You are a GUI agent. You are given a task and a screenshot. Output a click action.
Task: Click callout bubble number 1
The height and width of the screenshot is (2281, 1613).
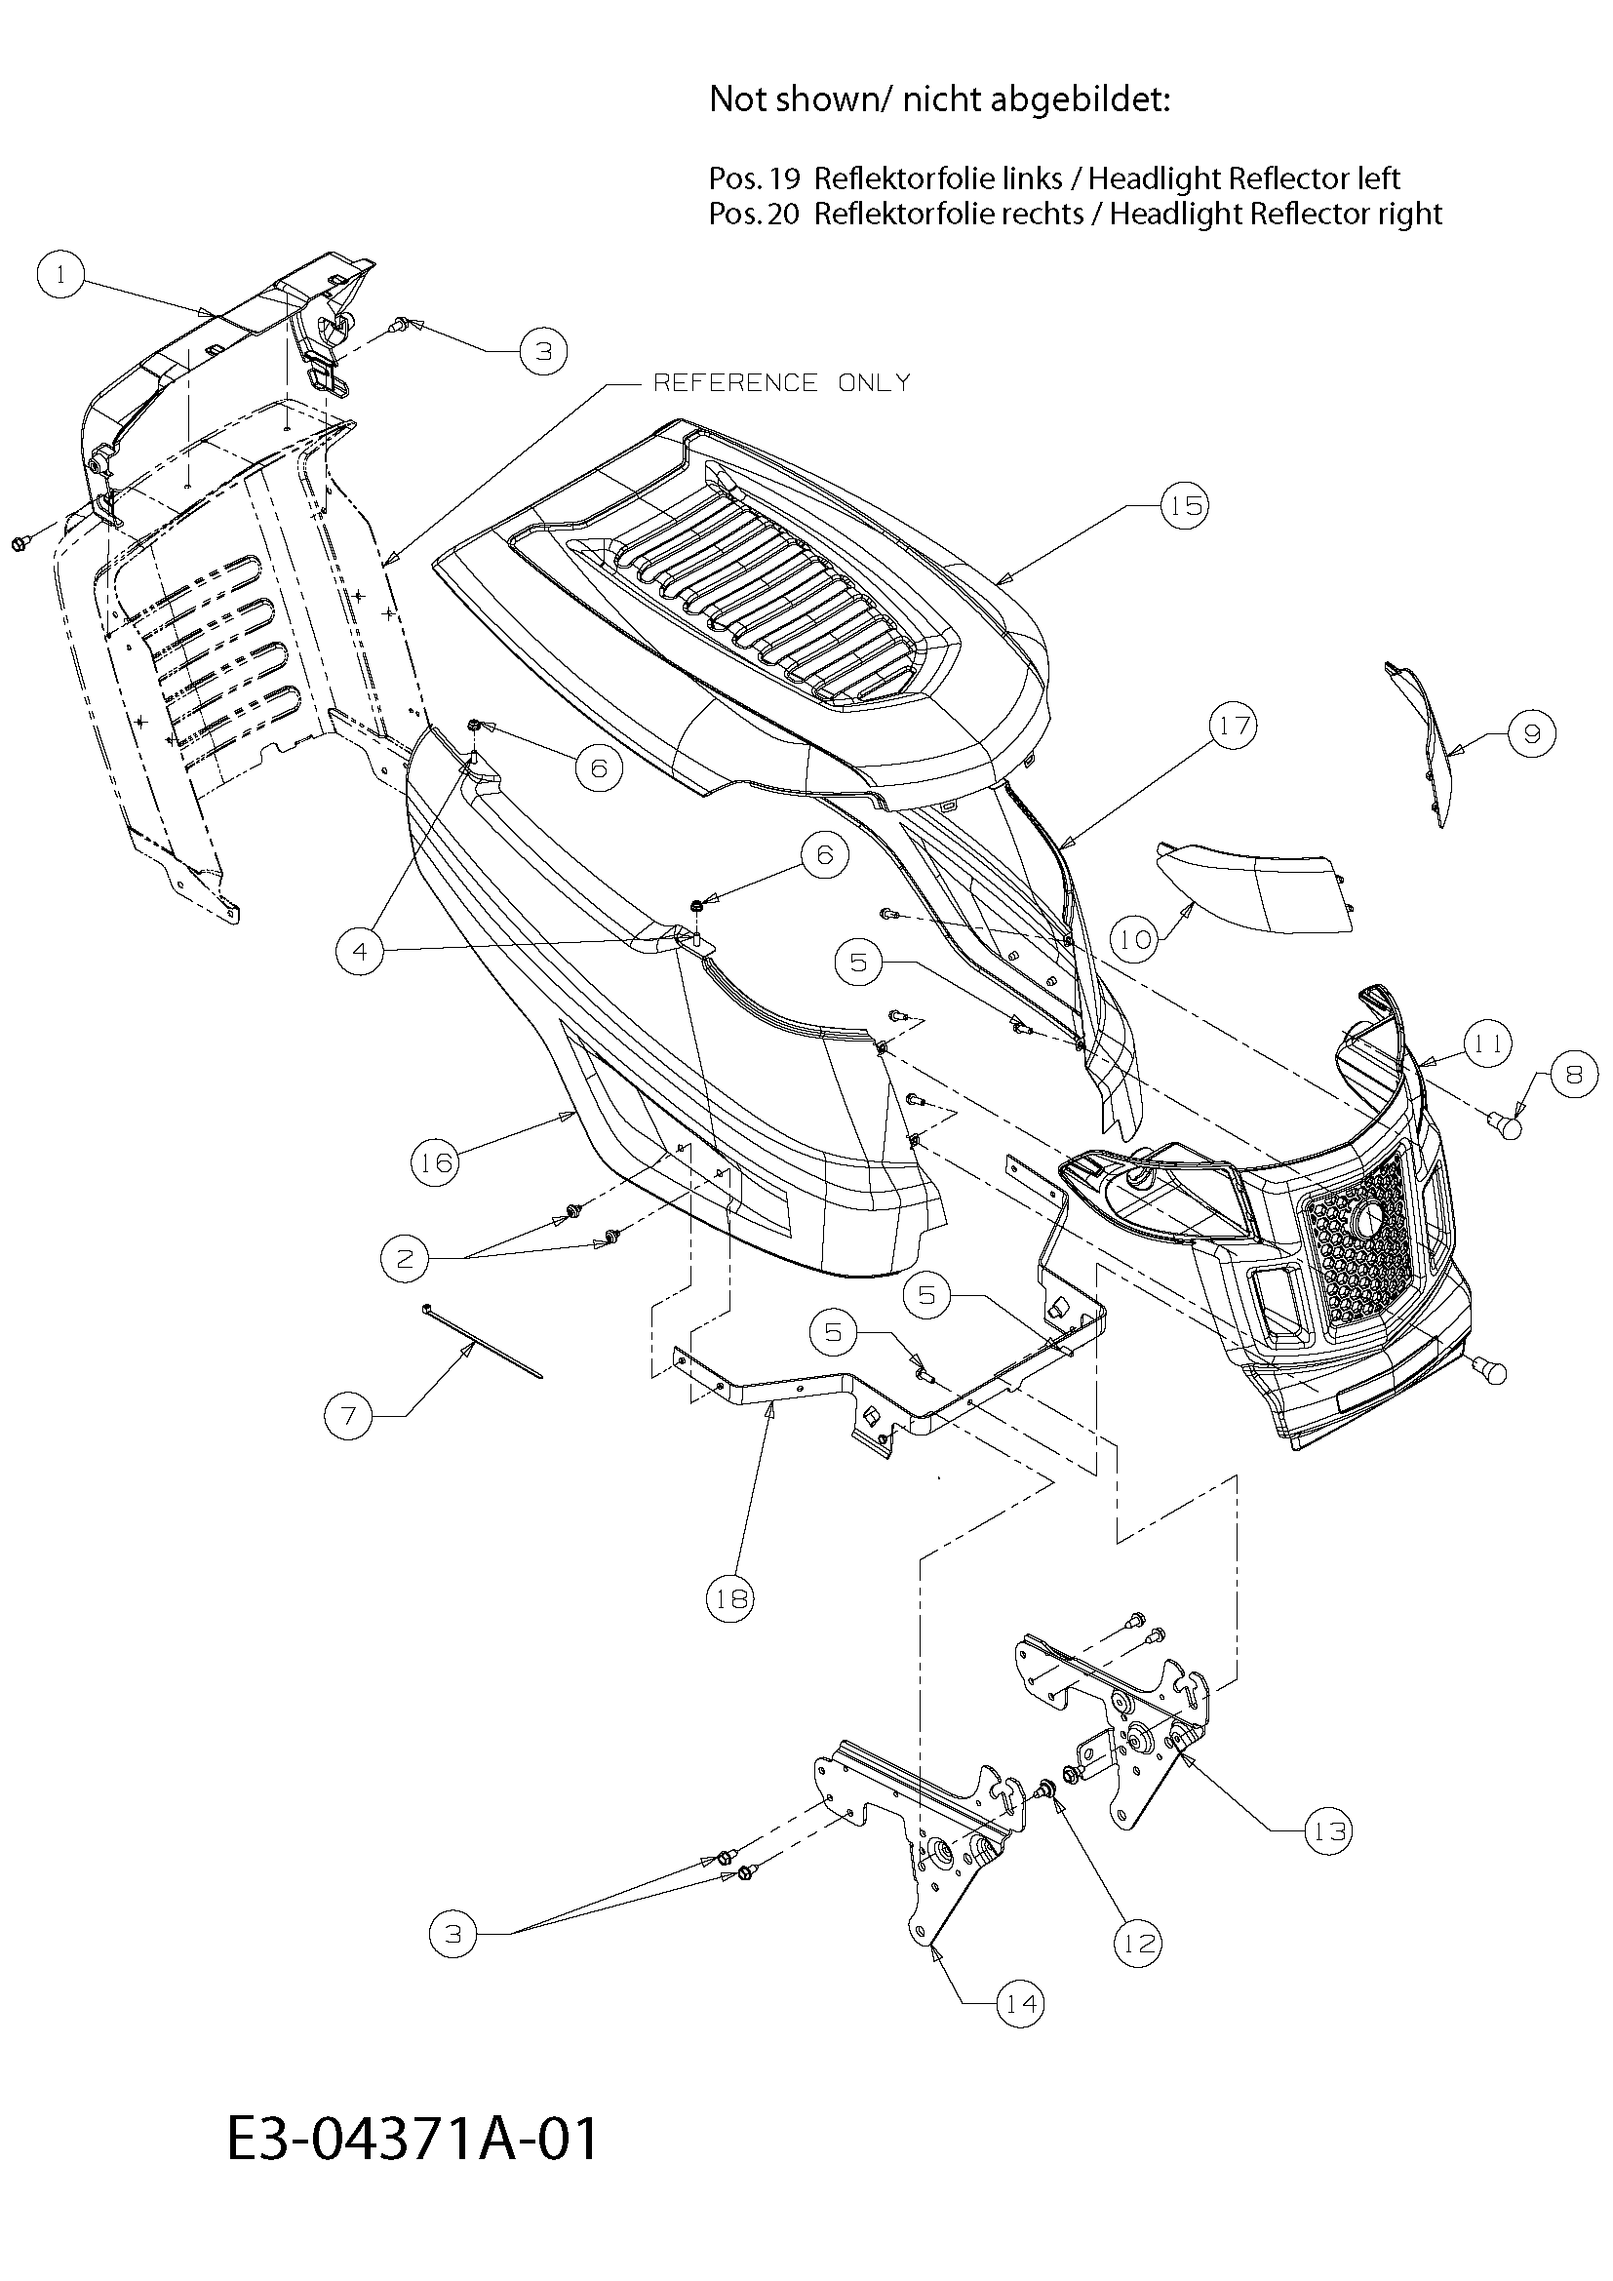(60, 274)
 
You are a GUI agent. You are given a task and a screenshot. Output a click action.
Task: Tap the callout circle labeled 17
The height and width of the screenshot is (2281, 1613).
(1234, 727)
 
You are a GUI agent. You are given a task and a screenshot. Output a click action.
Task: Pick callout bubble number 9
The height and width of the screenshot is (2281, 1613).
(1530, 733)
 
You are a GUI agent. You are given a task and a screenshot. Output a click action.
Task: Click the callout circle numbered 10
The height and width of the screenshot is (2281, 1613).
(1136, 939)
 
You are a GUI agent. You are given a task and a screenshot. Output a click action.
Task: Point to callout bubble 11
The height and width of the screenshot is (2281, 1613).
(1487, 1044)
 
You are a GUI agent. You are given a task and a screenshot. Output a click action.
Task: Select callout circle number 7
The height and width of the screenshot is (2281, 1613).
(348, 1415)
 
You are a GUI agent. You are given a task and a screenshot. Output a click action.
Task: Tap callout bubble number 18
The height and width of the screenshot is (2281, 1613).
(730, 1598)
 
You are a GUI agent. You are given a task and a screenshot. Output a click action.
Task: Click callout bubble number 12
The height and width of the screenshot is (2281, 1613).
(1137, 1943)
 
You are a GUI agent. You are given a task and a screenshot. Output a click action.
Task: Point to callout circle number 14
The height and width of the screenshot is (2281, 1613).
(1021, 2004)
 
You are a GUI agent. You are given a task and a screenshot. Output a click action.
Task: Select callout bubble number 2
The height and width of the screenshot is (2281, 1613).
(405, 1260)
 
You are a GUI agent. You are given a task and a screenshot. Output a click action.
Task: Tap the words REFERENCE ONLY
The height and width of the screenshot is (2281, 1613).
(782, 383)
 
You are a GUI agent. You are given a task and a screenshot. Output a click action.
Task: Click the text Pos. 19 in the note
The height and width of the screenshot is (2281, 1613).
(754, 178)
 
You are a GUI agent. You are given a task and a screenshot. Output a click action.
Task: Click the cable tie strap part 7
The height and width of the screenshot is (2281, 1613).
(483, 1341)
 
